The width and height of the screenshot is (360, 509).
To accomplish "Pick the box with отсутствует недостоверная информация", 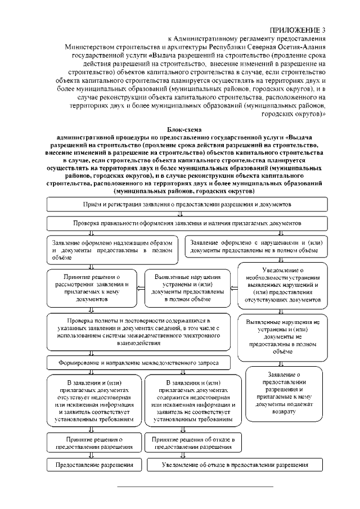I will pos(92,400).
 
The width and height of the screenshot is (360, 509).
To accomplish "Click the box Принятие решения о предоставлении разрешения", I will pos(92,442).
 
